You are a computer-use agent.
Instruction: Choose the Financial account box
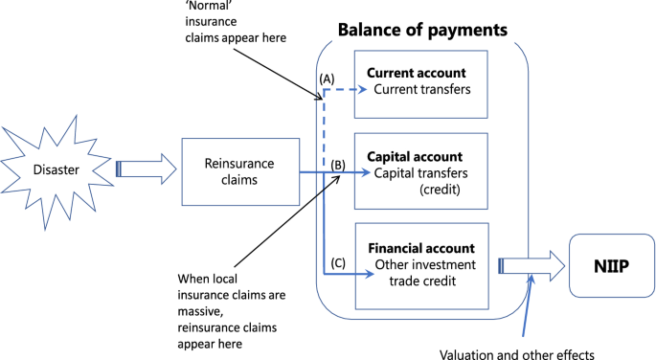tap(421, 265)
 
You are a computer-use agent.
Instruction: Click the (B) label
tap(337, 164)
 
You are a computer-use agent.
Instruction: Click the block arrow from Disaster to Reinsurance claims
tap(146, 171)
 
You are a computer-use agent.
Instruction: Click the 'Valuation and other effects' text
tap(517, 352)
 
